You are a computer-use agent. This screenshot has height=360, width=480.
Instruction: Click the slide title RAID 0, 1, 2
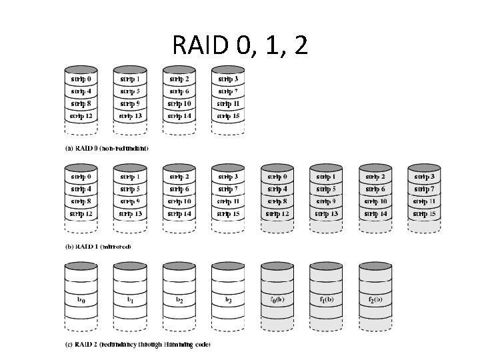click(x=240, y=45)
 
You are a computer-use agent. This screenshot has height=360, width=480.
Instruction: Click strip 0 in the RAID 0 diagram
click(x=81, y=79)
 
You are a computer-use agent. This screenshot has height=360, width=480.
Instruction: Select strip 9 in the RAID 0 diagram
click(x=130, y=103)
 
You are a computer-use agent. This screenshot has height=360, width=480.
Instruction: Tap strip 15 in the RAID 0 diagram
click(x=228, y=115)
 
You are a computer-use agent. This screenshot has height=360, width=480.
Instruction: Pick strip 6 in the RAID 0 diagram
click(x=179, y=91)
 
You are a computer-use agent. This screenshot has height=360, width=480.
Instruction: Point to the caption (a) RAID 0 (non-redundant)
click(x=107, y=148)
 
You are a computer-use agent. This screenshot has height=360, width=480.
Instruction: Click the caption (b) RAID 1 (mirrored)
click(x=98, y=247)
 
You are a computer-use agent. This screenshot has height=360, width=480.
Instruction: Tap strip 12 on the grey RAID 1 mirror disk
click(x=277, y=214)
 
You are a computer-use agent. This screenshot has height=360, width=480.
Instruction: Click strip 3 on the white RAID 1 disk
click(x=228, y=177)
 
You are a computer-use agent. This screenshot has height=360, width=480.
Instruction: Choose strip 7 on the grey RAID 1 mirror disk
click(x=424, y=189)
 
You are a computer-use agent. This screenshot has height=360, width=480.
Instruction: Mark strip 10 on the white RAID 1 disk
click(x=179, y=201)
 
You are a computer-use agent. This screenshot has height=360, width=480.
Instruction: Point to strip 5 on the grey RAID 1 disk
click(x=326, y=189)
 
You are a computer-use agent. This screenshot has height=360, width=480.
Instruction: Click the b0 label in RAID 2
click(x=81, y=300)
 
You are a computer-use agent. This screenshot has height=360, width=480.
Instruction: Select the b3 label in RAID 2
click(x=228, y=300)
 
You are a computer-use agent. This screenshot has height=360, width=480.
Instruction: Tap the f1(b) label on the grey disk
click(x=326, y=300)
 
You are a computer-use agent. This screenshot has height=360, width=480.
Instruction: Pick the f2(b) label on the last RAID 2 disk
click(x=375, y=300)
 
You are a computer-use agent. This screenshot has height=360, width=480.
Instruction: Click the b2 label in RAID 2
click(x=179, y=300)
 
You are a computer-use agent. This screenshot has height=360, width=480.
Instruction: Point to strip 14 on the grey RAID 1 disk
click(x=375, y=214)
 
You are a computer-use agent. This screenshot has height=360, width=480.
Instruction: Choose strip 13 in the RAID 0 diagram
click(x=130, y=115)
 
